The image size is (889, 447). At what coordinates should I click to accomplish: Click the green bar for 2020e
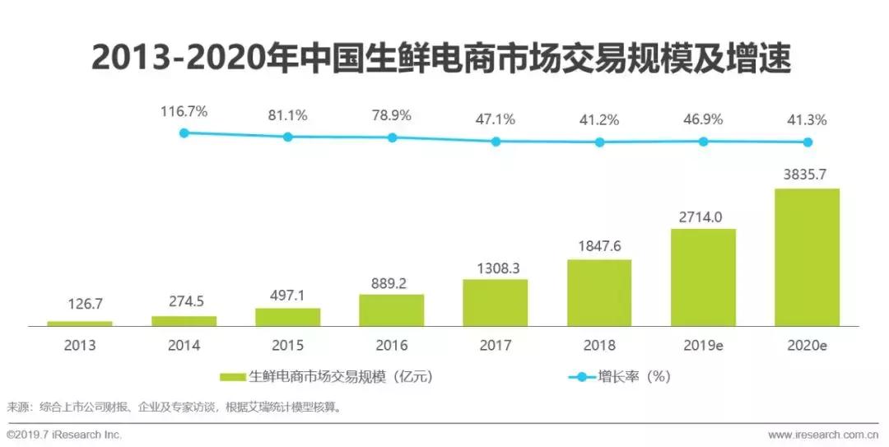(x=807, y=257)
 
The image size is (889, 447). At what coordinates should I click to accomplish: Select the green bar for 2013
(x=80, y=324)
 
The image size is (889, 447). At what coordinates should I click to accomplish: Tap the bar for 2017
(x=496, y=303)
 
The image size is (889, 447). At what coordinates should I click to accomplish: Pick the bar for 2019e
(x=703, y=277)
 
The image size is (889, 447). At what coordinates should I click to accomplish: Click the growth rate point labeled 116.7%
(x=184, y=133)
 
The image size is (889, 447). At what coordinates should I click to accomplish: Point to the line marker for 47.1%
(x=496, y=142)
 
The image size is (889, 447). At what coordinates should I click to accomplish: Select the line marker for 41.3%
(x=808, y=142)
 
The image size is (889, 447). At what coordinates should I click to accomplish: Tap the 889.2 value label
(x=391, y=282)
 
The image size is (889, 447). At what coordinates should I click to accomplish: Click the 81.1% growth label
(x=287, y=116)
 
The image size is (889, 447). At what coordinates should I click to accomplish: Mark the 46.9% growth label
(x=703, y=119)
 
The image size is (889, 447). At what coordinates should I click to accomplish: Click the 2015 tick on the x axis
(x=287, y=346)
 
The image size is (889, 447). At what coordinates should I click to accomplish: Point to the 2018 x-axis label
(x=599, y=346)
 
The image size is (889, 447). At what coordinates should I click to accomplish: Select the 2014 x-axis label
(x=184, y=346)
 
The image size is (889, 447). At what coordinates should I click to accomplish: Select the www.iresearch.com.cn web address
(x=823, y=435)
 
